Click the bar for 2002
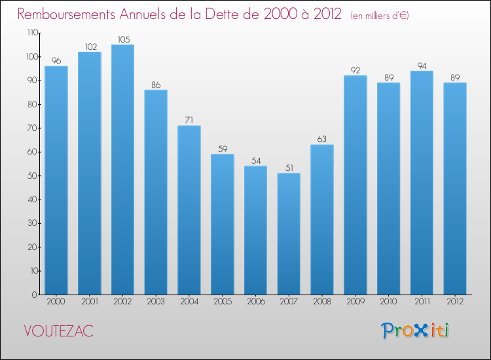click(122, 170)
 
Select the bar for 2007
click(289, 234)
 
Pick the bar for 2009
click(355, 185)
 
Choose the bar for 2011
click(422, 183)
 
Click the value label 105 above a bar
click(122, 40)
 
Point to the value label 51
click(289, 168)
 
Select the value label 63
click(322, 139)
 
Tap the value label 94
click(422, 66)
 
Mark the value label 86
click(156, 85)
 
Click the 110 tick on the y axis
click(31, 33)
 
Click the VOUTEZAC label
click(58, 331)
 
